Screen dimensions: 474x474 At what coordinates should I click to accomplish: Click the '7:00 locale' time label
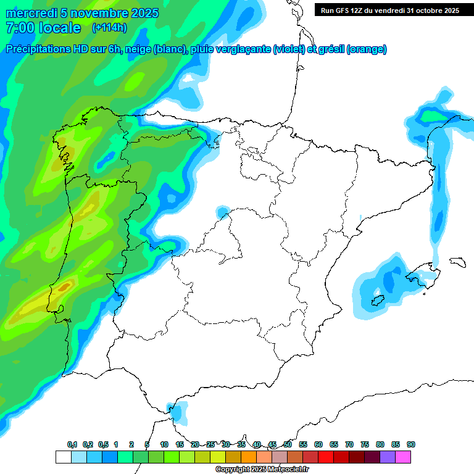pos(43,28)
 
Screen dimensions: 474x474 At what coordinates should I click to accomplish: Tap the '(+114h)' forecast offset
pos(109,28)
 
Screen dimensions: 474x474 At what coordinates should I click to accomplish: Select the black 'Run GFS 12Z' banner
pos(390,10)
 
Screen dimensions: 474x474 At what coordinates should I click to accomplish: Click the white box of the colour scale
pos(63,457)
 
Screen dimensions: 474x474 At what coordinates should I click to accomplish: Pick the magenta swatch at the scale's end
pos(403,457)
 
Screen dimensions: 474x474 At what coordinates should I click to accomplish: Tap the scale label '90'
pos(411,444)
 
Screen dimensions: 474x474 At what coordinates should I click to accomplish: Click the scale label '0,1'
pos(72,444)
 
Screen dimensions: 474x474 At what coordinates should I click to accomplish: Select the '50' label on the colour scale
pos(288,444)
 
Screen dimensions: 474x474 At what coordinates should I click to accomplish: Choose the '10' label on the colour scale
pos(164,444)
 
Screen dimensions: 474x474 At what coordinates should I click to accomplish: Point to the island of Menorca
pos(457,262)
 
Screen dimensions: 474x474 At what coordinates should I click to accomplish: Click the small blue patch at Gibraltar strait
pos(178,412)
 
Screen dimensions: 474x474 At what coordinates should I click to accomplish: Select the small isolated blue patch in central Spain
pos(222,212)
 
